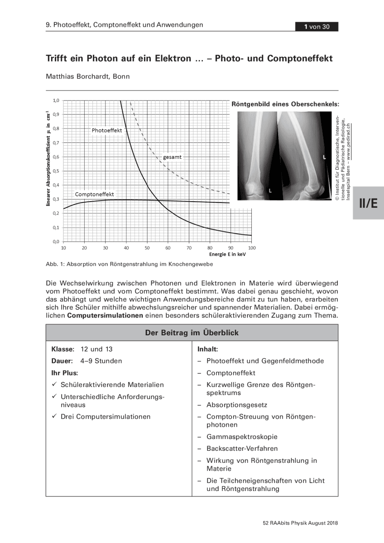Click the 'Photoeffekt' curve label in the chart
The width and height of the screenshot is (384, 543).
pos(107,130)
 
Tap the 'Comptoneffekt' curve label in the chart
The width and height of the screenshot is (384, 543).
pos(94,195)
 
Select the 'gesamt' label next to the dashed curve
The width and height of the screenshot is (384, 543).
pos(173,157)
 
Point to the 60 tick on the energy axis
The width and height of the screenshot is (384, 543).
pos(168,248)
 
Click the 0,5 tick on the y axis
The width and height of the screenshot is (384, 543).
pos(56,171)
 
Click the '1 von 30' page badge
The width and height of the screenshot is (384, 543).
pos(317,27)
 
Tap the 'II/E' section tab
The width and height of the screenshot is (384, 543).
pos(368,203)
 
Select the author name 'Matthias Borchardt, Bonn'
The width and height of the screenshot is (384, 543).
pos(88,76)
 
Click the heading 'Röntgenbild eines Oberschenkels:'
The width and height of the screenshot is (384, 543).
pos(285,104)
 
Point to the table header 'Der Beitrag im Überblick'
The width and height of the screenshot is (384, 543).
pos(192,333)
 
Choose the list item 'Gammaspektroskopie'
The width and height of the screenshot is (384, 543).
pos(242,437)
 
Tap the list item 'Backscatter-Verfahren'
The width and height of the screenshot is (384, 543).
pos(242,448)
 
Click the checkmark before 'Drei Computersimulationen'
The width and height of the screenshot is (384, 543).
pos(53,416)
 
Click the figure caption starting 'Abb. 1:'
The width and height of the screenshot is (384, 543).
pos(129,264)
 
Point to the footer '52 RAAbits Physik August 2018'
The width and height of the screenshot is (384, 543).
pos(300,523)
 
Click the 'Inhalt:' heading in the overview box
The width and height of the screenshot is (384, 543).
pos(208,349)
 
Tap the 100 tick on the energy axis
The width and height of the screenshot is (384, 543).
pos(252,248)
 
